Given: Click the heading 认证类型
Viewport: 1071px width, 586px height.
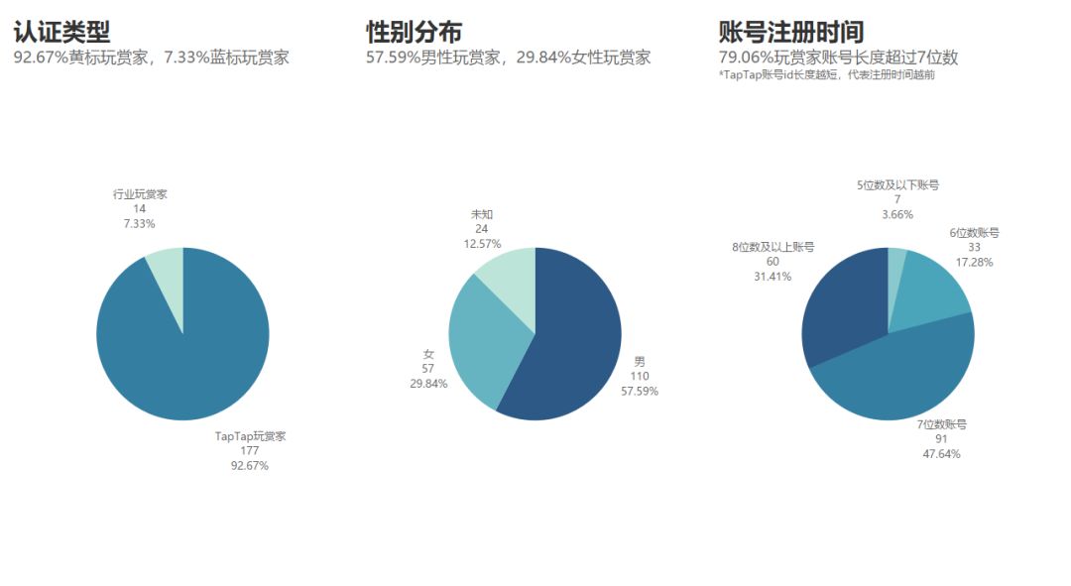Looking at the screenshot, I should (x=61, y=32).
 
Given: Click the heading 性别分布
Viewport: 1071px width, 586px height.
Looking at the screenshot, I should (x=414, y=32).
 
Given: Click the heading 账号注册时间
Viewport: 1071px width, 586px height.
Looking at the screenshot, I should (x=790, y=32).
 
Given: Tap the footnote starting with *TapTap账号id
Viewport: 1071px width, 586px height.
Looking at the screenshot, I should (x=826, y=75).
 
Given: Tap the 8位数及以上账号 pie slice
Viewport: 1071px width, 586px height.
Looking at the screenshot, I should (x=843, y=307).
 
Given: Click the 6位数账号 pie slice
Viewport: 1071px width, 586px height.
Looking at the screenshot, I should (x=932, y=288).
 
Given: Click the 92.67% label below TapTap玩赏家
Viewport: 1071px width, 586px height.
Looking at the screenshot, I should (x=249, y=465).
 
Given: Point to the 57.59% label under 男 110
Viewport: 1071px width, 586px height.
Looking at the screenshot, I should (x=639, y=391).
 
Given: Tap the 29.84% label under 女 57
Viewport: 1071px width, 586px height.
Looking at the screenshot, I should (x=428, y=383).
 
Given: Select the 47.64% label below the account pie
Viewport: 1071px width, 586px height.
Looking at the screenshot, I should (x=941, y=453).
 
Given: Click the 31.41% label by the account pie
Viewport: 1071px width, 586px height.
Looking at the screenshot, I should (x=773, y=276).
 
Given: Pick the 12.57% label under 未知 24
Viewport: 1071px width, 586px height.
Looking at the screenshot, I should (x=482, y=243).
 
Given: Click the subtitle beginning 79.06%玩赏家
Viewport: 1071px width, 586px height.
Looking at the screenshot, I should (x=838, y=58).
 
